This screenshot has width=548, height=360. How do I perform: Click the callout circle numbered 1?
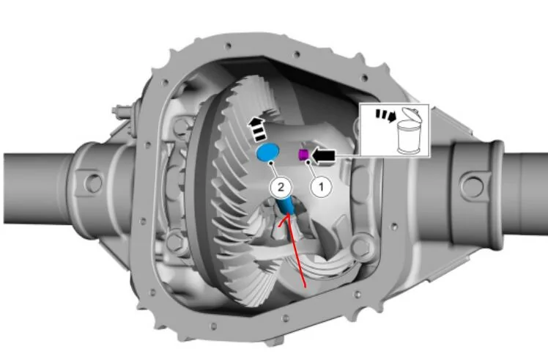pyautogui.click(x=321, y=186)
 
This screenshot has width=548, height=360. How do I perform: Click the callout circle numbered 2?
pyautogui.click(x=281, y=187)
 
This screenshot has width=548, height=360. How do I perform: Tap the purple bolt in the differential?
pyautogui.click(x=303, y=154)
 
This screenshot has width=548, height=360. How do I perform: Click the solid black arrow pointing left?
pyautogui.click(x=323, y=155)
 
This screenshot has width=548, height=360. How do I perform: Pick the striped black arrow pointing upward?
pyautogui.click(x=256, y=130)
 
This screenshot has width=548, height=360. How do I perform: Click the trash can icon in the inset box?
pyautogui.click(x=410, y=131)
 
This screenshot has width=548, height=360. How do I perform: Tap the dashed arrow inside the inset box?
pyautogui.click(x=386, y=116)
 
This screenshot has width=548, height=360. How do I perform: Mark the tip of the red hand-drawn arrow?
pyautogui.click(x=289, y=215)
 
